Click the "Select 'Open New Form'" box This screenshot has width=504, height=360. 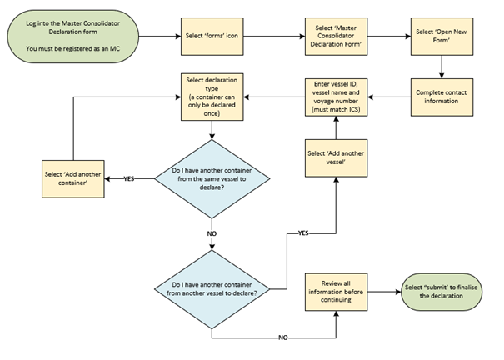pyautogui.click(x=440, y=37)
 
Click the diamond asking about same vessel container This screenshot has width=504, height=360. pyautogui.click(x=212, y=177)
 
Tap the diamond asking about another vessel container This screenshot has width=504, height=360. pyautogui.click(x=212, y=292)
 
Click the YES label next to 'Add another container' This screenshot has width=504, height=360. pyautogui.click(x=129, y=178)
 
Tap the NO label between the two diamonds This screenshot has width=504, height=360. pyautogui.click(x=212, y=234)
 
